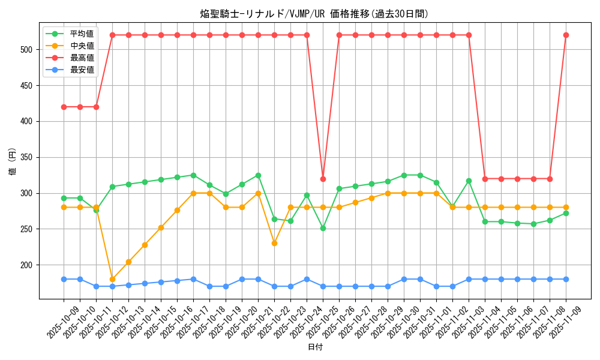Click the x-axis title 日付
tap(315, 347)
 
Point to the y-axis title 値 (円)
tap(12, 162)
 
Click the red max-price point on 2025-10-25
tap(323, 179)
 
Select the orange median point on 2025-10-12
tap(112, 279)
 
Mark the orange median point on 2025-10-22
tap(274, 243)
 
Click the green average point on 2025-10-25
tap(323, 228)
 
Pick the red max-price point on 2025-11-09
tap(566, 35)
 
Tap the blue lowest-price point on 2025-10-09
tap(64, 279)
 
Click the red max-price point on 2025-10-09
tap(64, 107)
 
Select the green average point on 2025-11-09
tap(566, 213)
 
